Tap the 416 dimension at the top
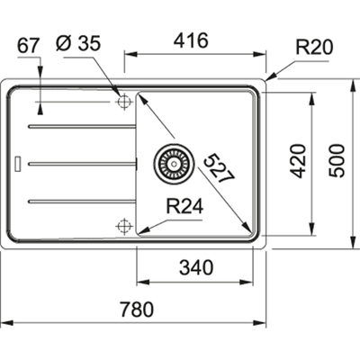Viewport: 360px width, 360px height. tap(191, 40)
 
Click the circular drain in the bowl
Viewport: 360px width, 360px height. tap(172, 163)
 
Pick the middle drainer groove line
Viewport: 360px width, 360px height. tap(81, 163)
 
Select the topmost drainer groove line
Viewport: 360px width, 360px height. tap(81, 127)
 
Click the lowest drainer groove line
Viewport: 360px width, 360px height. tap(81, 199)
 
